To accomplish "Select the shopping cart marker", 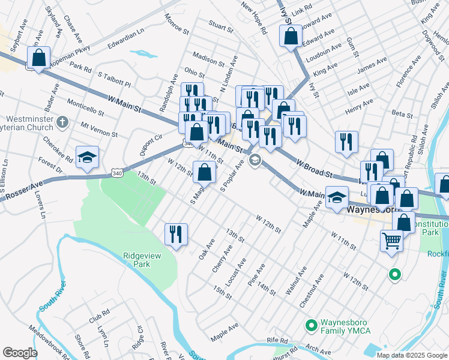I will (392, 241).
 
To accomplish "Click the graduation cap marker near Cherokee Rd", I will (88, 157).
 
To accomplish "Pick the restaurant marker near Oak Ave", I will (176, 233).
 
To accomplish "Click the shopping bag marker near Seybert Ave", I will (39, 59).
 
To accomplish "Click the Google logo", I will (20, 353).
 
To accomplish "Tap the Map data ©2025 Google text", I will (412, 355).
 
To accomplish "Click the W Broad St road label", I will (315, 168).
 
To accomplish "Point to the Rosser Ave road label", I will (24, 190).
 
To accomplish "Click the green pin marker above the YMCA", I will (394, 275).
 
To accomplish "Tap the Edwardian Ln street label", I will (126, 37).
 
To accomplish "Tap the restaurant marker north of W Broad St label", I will (346, 142).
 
